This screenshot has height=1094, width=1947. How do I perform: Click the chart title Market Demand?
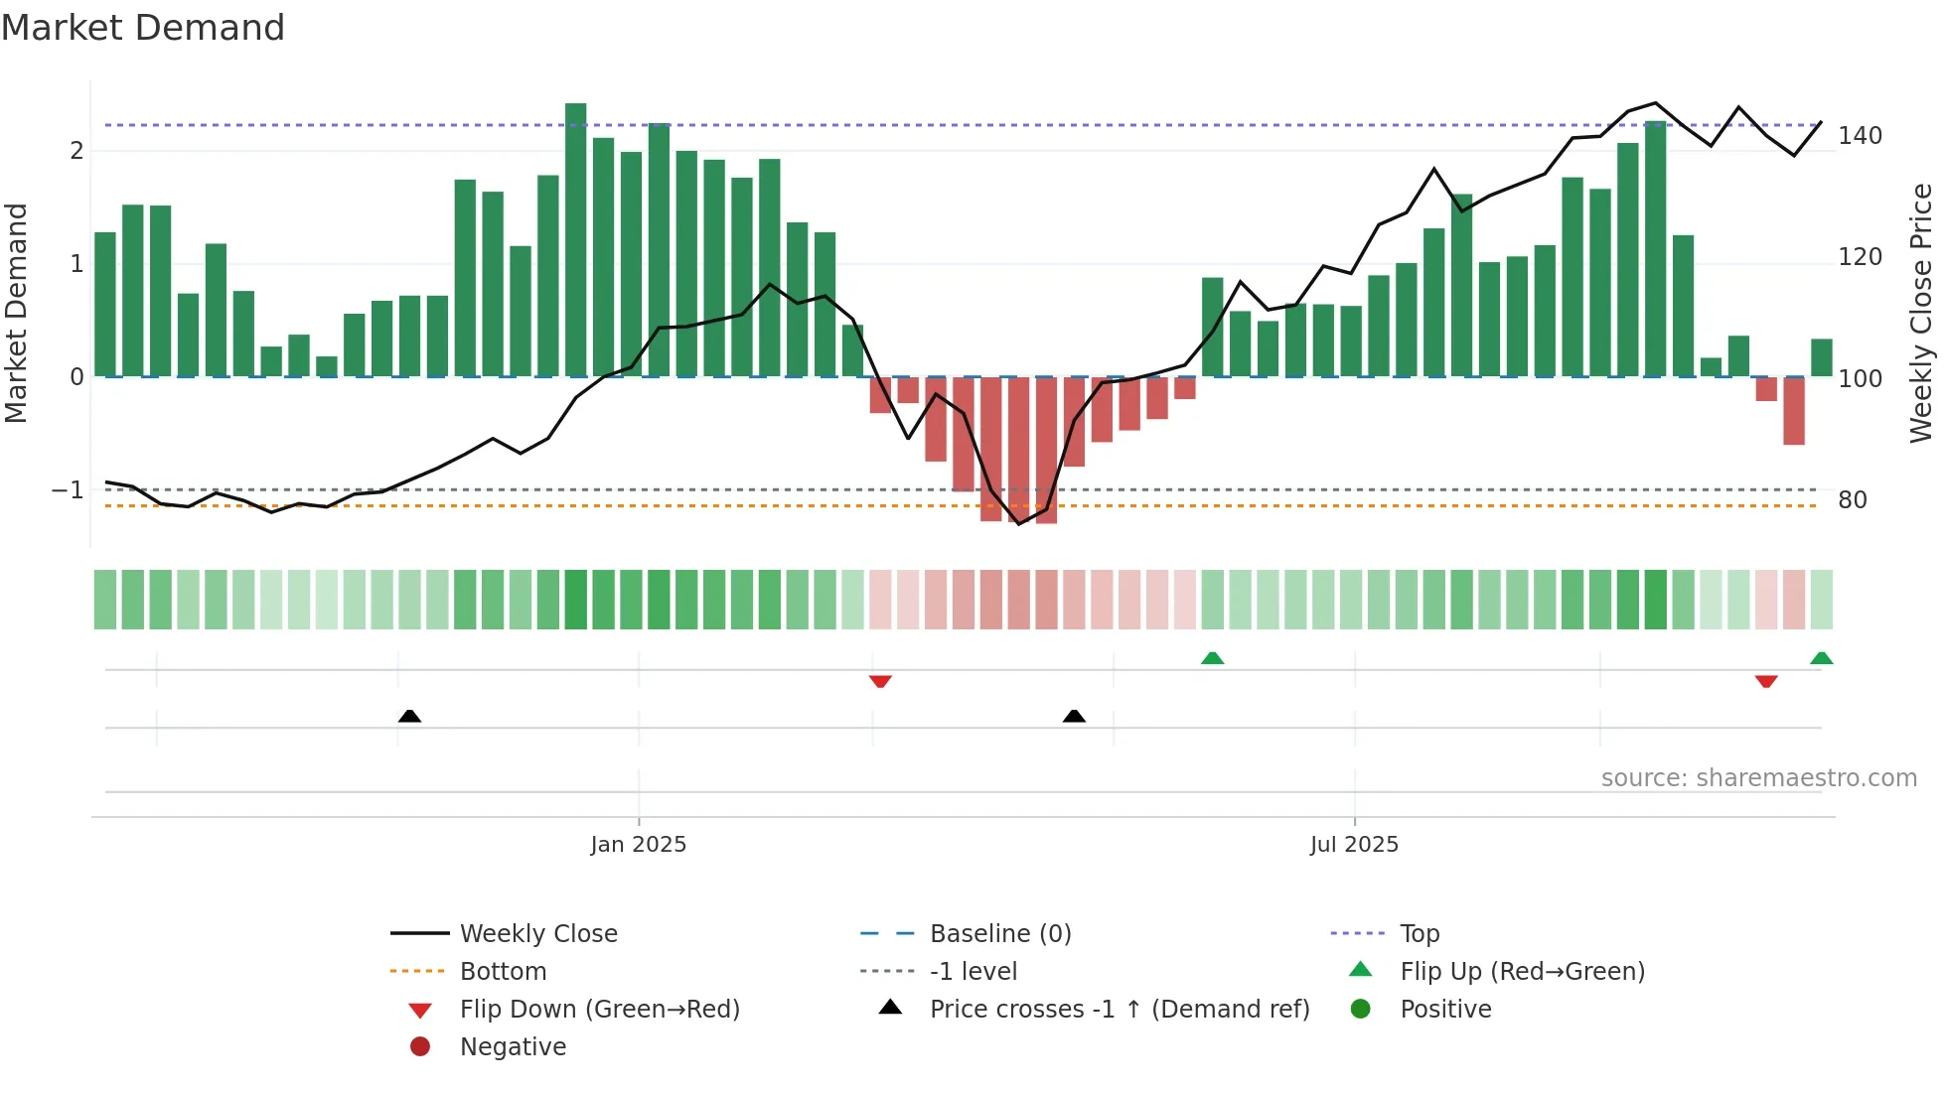pos(143,28)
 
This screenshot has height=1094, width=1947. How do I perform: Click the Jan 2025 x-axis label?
pos(638,845)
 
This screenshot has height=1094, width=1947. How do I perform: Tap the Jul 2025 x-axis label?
pos(1354,845)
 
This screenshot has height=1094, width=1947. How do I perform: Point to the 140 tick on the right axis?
pos(1860,136)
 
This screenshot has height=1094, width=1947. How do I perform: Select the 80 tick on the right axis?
pos(1853,500)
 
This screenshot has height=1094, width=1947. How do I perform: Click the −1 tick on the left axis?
pos(68,490)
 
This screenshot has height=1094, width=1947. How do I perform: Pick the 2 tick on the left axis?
pos(76,151)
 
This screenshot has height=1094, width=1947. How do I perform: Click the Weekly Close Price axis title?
pos(1921,313)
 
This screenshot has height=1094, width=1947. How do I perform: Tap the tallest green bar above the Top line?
pos(576,238)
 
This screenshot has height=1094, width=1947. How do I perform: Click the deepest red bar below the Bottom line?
pos(1046,452)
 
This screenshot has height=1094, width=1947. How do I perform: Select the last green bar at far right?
pos(1821,358)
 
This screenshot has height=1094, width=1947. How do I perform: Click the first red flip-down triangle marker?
pos(880,681)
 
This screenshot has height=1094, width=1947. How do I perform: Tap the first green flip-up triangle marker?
pos(1212,658)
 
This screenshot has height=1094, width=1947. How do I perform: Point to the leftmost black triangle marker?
pos(409,716)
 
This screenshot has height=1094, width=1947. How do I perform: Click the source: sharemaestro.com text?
pos(1758,778)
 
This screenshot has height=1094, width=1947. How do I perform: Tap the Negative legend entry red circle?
pos(420,1047)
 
